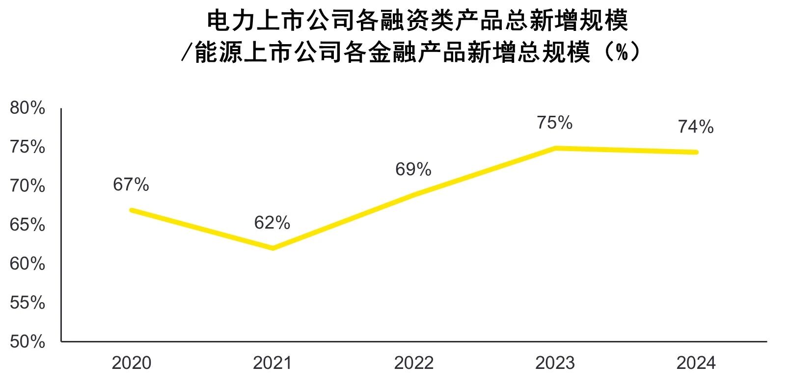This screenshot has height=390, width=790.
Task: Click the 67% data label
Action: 131,185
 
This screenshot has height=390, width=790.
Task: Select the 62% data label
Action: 272,223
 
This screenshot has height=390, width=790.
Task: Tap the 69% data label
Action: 413,170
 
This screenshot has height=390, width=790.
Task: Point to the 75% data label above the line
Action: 554,123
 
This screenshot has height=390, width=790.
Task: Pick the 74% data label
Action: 696,127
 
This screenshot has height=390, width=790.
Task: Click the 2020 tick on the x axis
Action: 131,364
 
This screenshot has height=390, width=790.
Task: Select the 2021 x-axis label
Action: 272,364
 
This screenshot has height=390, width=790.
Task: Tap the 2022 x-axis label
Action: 413,364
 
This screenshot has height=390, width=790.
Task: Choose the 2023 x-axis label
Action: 555,364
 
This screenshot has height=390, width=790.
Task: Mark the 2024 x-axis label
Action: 696,364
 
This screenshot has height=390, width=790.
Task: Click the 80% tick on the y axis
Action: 27,108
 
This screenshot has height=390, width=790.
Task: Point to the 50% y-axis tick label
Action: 27,342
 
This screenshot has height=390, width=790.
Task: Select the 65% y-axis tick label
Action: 27,225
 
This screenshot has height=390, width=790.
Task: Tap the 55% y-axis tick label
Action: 27,303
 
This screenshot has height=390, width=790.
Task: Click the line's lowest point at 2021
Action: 272,248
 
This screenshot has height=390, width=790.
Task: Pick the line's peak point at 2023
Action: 555,148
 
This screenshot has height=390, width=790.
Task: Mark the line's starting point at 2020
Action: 132,210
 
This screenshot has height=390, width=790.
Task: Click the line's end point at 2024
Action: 696,152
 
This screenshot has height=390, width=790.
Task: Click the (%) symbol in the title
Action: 622,52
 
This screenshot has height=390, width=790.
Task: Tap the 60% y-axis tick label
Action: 27,264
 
